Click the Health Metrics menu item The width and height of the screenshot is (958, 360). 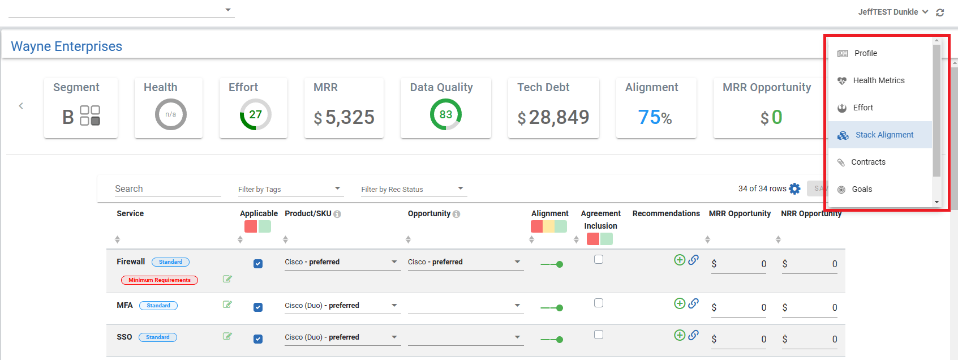[878, 80]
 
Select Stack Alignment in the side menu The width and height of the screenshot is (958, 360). [884, 135]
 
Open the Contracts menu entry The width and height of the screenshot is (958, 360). [868, 162]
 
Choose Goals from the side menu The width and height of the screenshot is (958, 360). [862, 189]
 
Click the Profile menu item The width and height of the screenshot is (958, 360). [865, 53]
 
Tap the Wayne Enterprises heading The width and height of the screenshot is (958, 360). [67, 46]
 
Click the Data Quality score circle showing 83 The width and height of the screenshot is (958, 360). [446, 114]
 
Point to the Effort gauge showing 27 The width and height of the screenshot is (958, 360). [256, 114]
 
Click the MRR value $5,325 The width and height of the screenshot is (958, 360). [344, 117]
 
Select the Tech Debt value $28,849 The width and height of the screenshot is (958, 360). [553, 117]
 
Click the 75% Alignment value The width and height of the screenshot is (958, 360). [655, 117]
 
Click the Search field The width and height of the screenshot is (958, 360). [167, 189]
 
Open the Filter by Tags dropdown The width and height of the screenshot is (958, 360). [290, 189]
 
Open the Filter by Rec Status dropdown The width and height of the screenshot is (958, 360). [413, 189]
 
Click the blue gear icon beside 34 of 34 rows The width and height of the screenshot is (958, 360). [795, 188]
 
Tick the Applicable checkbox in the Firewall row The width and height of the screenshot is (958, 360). [258, 264]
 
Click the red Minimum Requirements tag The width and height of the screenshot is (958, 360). [160, 280]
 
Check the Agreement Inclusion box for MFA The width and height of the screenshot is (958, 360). [599, 303]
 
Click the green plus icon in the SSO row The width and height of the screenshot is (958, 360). [680, 335]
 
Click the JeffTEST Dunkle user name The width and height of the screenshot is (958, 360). [888, 12]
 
